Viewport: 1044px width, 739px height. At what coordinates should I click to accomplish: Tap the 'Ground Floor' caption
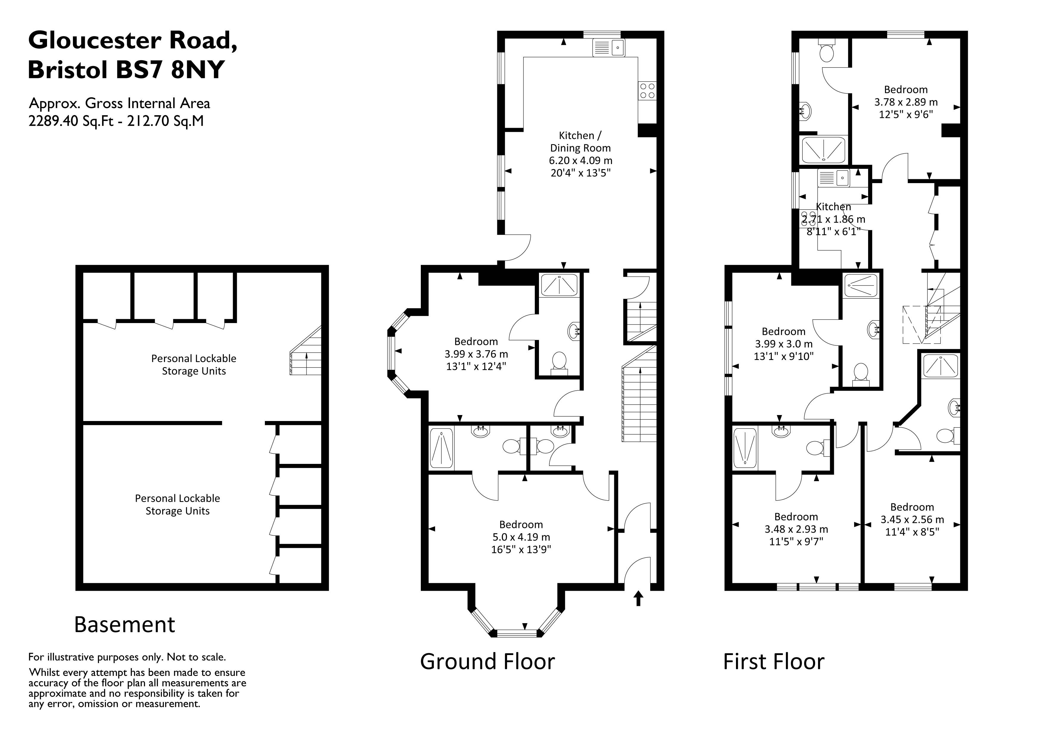coord(487,662)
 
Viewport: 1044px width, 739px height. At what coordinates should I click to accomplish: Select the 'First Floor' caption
coord(773,662)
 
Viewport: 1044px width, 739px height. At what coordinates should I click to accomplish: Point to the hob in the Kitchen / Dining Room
coord(647,91)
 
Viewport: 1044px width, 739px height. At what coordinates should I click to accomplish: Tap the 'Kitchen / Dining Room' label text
coord(580,141)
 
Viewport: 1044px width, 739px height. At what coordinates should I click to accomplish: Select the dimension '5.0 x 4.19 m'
coord(521,537)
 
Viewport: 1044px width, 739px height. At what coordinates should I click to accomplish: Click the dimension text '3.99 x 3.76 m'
coord(476,354)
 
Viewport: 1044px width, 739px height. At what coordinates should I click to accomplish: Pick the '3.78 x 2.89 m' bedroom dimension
coord(906,102)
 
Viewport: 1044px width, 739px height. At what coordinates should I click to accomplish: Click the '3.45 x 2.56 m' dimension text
coord(912,519)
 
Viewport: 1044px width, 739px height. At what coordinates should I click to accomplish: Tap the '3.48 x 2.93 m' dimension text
coord(796,529)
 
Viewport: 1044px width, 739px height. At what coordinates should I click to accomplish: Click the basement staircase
coord(306,350)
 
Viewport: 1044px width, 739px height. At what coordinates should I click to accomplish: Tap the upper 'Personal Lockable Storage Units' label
coord(194,364)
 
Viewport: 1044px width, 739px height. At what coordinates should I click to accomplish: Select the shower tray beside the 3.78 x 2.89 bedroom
coord(824,149)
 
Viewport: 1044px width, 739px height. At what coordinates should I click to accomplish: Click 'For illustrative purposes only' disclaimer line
coord(127,657)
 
